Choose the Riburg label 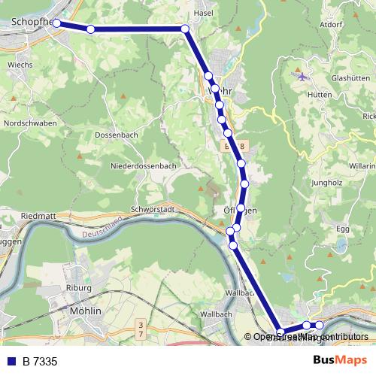click(78, 288)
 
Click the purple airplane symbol click(302, 75)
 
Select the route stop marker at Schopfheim click(56, 24)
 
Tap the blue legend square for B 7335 click(11, 362)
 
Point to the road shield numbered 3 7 click(140, 328)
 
